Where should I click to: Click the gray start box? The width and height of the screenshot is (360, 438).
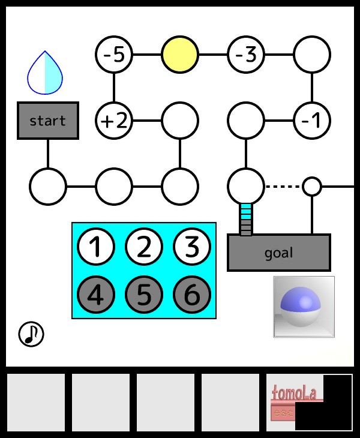pyautogui.click(x=47, y=121)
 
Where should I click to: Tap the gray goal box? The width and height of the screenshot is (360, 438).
pyautogui.click(x=278, y=253)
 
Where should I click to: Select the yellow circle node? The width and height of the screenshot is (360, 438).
pyautogui.click(x=179, y=55)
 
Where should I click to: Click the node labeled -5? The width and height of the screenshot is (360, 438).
pyautogui.click(x=113, y=55)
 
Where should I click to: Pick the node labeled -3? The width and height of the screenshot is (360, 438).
pyautogui.click(x=245, y=55)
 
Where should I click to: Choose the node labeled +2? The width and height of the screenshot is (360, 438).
pyautogui.click(x=113, y=121)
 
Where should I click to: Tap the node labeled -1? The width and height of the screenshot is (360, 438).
pyautogui.click(x=311, y=121)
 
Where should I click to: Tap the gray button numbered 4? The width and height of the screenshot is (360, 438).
pyautogui.click(x=95, y=295)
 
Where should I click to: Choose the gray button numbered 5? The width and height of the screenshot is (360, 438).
pyautogui.click(x=143, y=295)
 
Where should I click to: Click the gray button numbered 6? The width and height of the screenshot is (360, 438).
pyautogui.click(x=191, y=295)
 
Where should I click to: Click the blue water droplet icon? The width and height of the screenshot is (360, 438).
pyautogui.click(x=45, y=74)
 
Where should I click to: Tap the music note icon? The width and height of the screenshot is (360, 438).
pyautogui.click(x=31, y=334)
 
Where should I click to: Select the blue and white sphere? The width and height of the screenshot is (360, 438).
pyautogui.click(x=304, y=307)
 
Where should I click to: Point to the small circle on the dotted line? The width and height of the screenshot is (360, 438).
pyautogui.click(x=311, y=187)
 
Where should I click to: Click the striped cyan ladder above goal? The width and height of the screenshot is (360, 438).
pyautogui.click(x=245, y=220)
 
